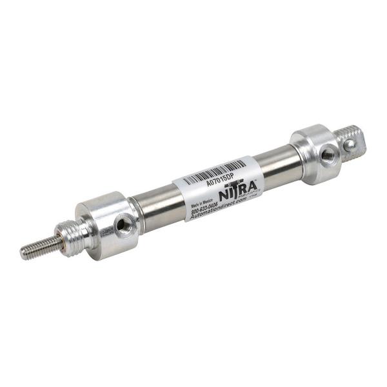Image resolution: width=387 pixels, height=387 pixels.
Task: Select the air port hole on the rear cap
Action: coord(328,154)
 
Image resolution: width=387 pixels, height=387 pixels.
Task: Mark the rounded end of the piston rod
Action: coord(23,253)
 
